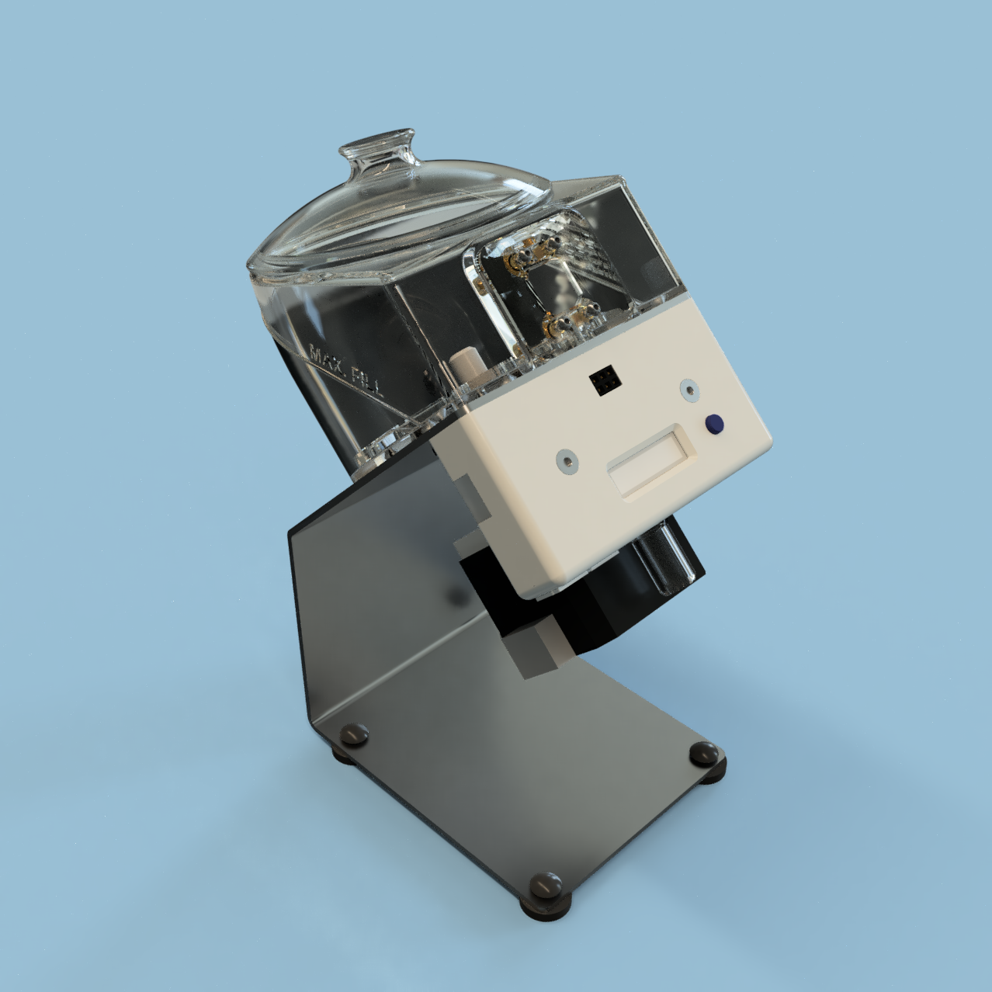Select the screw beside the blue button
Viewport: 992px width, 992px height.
pyautogui.click(x=689, y=390)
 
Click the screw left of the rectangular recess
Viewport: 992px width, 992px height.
pyautogui.click(x=567, y=460)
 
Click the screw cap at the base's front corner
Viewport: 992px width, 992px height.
pyautogui.click(x=546, y=884)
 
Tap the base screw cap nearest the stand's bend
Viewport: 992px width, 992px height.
pyautogui.click(x=354, y=733)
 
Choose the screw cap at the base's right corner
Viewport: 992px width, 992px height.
pyautogui.click(x=705, y=751)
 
